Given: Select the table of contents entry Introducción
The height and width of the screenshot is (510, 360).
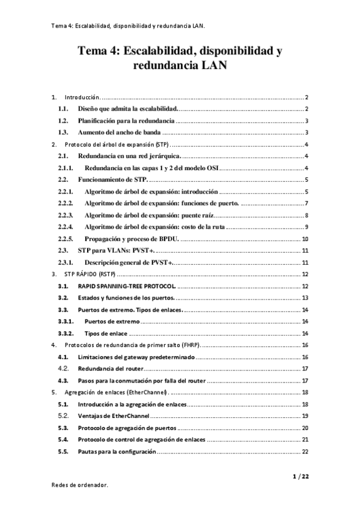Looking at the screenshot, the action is coord(81,97).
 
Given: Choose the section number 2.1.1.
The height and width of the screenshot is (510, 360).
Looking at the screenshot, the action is coord(65,168).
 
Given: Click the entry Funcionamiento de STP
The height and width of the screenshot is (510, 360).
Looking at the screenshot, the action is coord(112,180).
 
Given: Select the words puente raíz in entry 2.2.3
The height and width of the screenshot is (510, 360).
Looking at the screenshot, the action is coord(195,215).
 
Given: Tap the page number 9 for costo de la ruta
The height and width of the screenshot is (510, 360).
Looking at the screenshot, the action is coord(307,226).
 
